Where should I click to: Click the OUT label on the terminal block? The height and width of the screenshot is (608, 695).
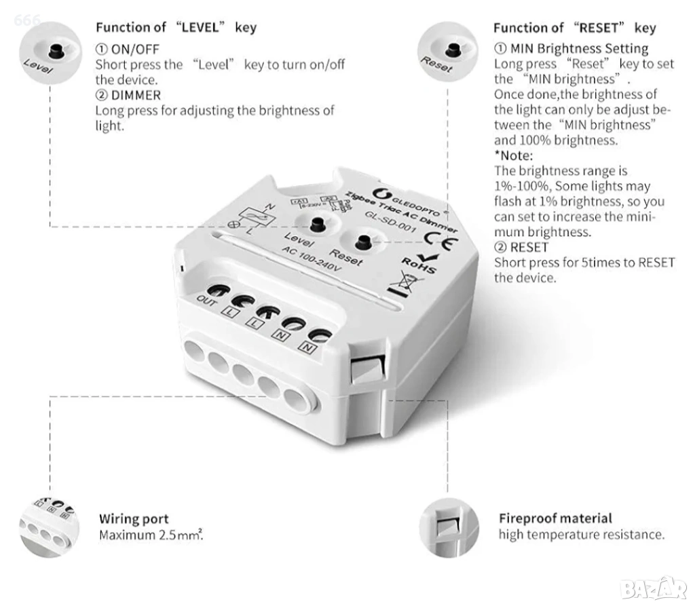206,301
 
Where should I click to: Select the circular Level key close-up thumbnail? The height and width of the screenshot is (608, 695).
50,53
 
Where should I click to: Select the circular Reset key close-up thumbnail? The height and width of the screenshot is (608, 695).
448,52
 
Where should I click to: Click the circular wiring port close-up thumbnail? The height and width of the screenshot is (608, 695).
50,527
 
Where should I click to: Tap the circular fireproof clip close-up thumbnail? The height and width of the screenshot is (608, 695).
449,527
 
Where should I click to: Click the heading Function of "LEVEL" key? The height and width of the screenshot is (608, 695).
176,27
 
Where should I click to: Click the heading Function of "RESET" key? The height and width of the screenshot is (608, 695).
575,28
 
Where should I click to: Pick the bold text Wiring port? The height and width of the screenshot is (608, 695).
134,518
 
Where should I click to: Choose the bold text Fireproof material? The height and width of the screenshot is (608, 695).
555,518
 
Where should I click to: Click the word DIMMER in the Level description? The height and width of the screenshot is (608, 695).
136,95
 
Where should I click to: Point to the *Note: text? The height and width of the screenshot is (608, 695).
514,155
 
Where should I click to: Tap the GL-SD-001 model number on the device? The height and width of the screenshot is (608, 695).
390,221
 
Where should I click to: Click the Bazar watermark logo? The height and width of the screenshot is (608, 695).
654,589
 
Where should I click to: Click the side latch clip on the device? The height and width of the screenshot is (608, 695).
366,370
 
